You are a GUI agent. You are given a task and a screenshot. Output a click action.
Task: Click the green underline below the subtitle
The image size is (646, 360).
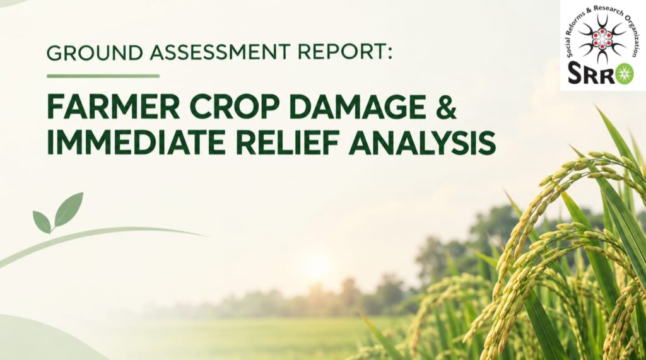(x=103, y=76)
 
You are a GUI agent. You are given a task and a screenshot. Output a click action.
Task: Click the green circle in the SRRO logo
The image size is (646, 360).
(x=625, y=74)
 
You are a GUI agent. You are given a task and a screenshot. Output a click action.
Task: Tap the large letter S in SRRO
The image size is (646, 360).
(x=575, y=74)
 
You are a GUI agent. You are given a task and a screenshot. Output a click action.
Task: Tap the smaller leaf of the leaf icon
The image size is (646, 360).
(x=42, y=221)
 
